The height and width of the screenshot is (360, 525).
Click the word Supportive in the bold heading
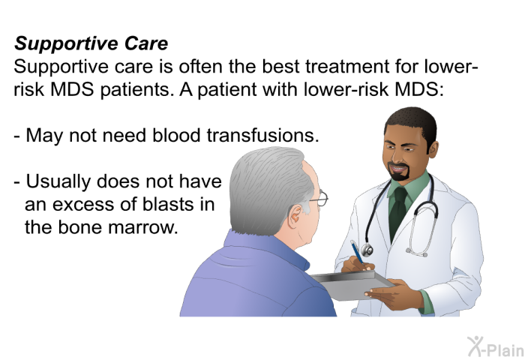[66, 44]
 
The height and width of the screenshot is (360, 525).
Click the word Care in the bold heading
[146, 43]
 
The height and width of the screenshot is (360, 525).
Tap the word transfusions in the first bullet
[262, 135]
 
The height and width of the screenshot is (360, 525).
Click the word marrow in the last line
[143, 228]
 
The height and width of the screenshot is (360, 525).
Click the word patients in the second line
[137, 90]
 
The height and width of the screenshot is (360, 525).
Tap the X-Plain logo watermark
[496, 347]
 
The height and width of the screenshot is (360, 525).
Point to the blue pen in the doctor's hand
[357, 253]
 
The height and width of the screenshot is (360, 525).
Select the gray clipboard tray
[352, 285]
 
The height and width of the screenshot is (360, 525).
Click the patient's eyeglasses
[319, 198]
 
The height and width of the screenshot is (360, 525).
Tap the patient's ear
[296, 216]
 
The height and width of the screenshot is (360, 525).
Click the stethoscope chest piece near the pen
[367, 250]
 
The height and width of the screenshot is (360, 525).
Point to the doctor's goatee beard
[399, 172]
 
